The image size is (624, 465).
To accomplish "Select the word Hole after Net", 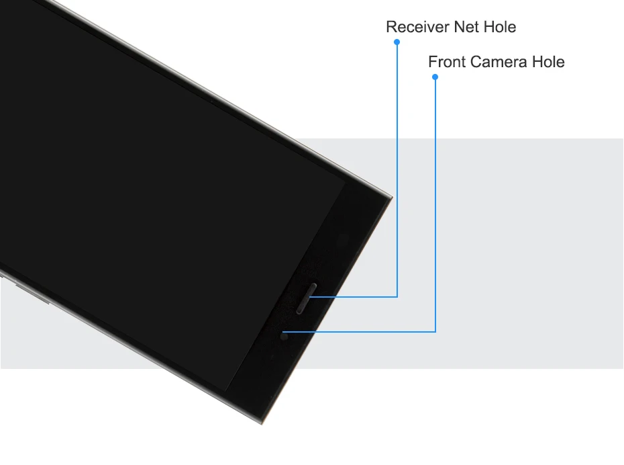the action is pos(500,28).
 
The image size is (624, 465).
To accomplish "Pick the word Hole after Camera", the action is pos(548,62).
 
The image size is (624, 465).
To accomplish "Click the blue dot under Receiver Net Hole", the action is pos(397,42).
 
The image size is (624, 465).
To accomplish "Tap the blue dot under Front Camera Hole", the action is pos(435,77).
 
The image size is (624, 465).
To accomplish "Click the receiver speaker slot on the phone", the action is pos(305,299).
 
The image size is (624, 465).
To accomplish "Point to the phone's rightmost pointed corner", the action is pos(391,197).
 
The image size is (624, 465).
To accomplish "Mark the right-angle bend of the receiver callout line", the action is pos(397,296).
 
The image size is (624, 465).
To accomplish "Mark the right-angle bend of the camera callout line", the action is pos(435,331).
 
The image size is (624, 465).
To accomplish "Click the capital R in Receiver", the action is pos(391,28).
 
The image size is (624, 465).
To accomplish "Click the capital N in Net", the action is pos(459,28).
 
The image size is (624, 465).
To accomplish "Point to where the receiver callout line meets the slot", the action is pos(311,296).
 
